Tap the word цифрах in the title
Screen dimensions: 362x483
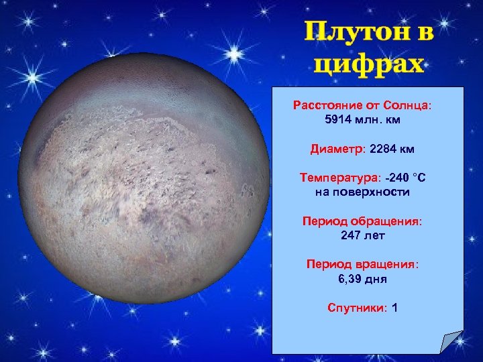coord(369,64)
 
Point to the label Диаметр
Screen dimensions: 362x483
coord(335,148)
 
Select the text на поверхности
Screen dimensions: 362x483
coord(362,192)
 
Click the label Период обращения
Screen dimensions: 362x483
coord(362,221)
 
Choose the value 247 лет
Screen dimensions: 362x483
coord(362,235)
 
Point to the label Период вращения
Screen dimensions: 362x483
coord(362,264)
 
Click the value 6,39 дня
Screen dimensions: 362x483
coord(362,279)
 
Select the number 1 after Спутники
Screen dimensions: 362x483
coord(394,308)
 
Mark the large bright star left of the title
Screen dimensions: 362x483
coord(234,53)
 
